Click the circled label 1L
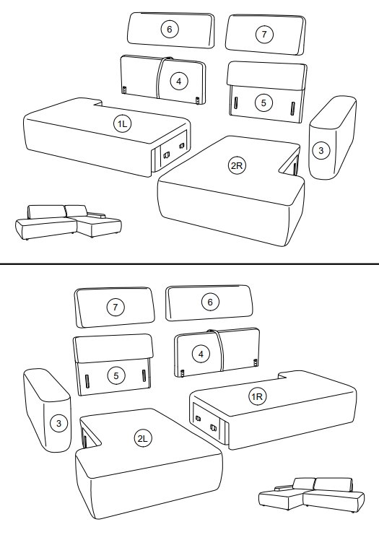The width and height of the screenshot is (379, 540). [x=123, y=123]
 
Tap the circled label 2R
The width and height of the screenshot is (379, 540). [x=237, y=165]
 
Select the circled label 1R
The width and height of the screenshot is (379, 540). [x=257, y=397]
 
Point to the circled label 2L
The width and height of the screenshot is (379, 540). [x=142, y=438]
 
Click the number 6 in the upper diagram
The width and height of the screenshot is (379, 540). [x=169, y=30]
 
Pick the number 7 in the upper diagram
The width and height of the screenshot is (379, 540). [x=264, y=34]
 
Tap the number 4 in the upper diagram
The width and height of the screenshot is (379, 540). [x=178, y=82]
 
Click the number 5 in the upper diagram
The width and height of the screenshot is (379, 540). [x=263, y=103]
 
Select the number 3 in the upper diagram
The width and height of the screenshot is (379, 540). [x=321, y=150]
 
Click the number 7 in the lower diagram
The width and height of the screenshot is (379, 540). [x=116, y=307]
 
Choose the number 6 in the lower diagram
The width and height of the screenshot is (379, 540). [x=210, y=302]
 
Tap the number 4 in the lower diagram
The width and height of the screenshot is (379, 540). [x=201, y=354]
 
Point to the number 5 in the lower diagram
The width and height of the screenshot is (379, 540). [x=116, y=375]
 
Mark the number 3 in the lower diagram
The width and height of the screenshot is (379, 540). [x=59, y=423]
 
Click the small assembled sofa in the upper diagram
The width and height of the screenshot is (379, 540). [x=68, y=222]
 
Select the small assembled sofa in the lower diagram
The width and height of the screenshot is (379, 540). [x=311, y=495]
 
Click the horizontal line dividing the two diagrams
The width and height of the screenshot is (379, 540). [x=189, y=264]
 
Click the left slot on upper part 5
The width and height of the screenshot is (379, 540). [x=236, y=103]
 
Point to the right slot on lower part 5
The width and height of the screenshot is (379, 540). [x=144, y=375]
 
